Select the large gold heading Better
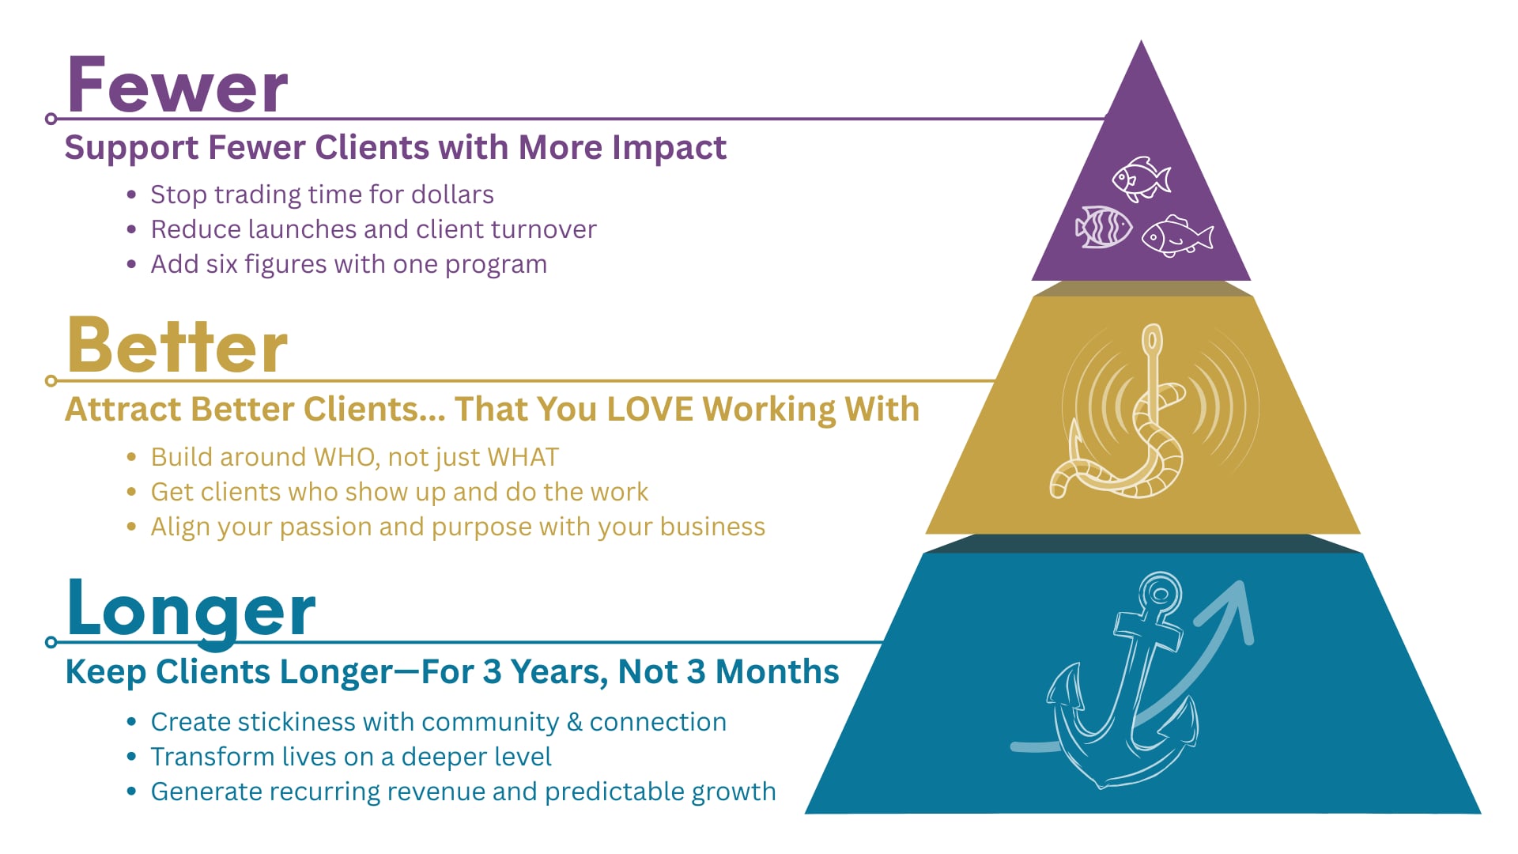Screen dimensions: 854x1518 (177, 346)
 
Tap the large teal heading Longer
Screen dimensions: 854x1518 (191, 609)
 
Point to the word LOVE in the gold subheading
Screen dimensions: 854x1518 (650, 410)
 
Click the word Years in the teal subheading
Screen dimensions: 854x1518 (558, 672)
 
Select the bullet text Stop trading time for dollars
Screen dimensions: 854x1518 (322, 195)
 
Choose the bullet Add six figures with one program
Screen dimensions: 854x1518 (349, 264)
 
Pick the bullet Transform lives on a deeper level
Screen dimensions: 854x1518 (351, 757)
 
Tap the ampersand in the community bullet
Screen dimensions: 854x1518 (575, 722)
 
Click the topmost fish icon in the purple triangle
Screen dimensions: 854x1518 (1141, 178)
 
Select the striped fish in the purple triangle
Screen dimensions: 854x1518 (1104, 227)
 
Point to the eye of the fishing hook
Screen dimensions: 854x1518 (1153, 339)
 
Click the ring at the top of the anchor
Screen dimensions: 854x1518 (1161, 591)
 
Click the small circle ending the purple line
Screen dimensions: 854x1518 (51, 119)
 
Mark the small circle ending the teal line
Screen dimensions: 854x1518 (51, 642)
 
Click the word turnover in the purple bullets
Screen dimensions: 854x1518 (543, 229)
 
